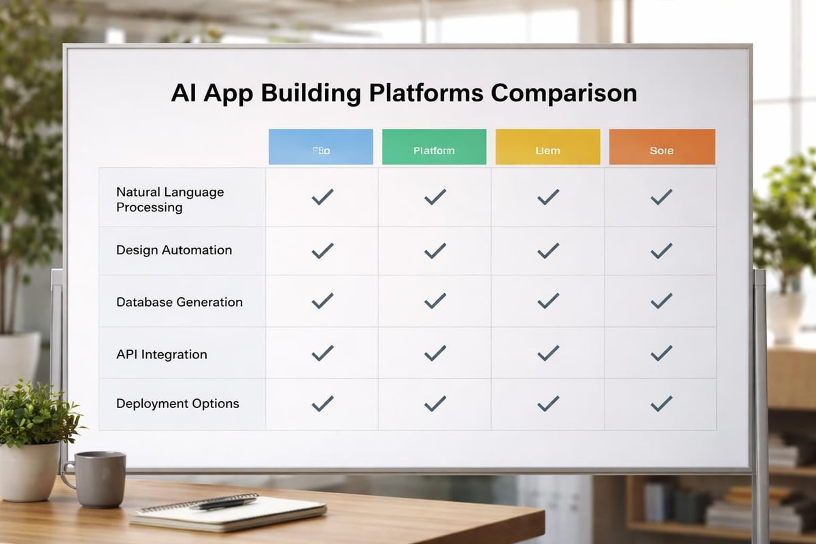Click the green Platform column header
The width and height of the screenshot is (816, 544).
pos(434,147)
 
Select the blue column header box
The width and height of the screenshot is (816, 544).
pos(321,147)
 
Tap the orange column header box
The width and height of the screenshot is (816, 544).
pos(662,147)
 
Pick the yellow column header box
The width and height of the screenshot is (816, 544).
pos(547,147)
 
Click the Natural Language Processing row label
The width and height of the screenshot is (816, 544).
pos(170,200)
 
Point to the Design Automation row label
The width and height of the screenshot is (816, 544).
pos(174,250)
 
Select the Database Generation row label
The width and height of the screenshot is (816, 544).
pos(179,302)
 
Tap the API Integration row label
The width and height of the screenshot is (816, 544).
pos(161,354)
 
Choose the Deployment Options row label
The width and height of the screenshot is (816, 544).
pos(177,403)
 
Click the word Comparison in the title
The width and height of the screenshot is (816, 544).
pos(564,92)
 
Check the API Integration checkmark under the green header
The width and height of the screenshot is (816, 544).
pos(435,353)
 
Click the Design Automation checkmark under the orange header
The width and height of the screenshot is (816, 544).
pos(661,251)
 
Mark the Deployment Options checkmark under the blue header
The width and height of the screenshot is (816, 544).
pos(322,403)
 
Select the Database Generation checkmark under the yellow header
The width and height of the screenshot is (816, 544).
pos(547,301)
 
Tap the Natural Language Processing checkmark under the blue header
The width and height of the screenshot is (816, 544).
pos(322,197)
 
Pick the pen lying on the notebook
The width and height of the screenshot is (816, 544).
pos(224,503)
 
